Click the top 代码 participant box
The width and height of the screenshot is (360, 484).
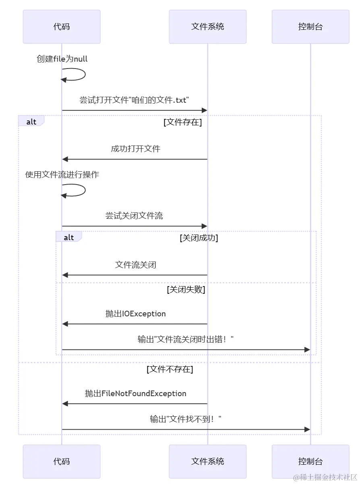(62, 27)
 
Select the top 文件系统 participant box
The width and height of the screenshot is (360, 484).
(207, 27)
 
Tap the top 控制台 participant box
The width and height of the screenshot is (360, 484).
(310, 27)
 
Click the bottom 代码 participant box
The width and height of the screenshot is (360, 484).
(62, 461)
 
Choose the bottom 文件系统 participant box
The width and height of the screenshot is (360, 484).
(207, 461)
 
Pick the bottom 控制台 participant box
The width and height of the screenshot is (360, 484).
(310, 461)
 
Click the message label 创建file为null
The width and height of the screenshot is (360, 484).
(62, 59)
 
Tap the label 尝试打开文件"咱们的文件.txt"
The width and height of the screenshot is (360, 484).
(134, 100)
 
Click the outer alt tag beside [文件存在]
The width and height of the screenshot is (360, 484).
(31, 122)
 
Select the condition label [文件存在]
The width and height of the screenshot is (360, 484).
(182, 122)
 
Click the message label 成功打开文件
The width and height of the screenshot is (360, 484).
(136, 149)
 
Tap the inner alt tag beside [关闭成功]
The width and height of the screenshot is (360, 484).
(69, 237)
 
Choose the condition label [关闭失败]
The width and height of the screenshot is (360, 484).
(186, 290)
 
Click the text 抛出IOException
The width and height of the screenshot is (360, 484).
(135, 314)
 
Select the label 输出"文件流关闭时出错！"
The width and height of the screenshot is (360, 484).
(186, 340)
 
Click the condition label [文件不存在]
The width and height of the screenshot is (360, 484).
(170, 369)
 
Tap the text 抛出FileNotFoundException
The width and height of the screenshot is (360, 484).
(135, 393)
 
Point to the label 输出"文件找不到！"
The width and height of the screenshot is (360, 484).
(186, 420)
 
